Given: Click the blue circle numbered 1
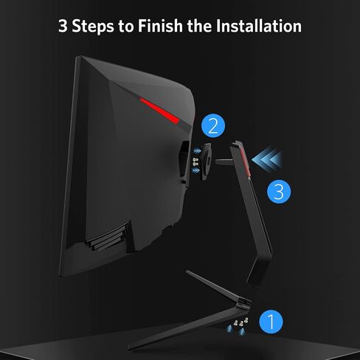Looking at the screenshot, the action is [271, 322].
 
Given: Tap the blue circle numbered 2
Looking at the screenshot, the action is [213, 125].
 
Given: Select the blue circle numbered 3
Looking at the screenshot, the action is [279, 192].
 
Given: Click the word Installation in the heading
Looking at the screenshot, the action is [259, 26].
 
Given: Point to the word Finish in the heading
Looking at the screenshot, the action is [160, 26].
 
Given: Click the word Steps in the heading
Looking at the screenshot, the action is [93, 27].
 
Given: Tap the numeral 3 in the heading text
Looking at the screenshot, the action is [63, 26].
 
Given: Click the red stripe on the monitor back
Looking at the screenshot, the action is [160, 110].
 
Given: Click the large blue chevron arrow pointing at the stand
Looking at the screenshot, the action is [266, 159].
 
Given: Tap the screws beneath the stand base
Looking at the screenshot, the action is [241, 322].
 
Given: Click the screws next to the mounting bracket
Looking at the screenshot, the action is [195, 162].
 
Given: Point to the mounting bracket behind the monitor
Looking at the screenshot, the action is [206, 162].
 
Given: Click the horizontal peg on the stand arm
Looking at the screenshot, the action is [224, 162].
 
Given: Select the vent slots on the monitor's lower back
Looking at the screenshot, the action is [108, 237].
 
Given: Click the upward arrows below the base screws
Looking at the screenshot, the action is [236, 330].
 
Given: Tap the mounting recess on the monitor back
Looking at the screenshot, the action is [184, 160].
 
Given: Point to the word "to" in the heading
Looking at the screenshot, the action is [126, 27].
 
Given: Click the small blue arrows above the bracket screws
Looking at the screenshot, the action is [196, 150].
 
